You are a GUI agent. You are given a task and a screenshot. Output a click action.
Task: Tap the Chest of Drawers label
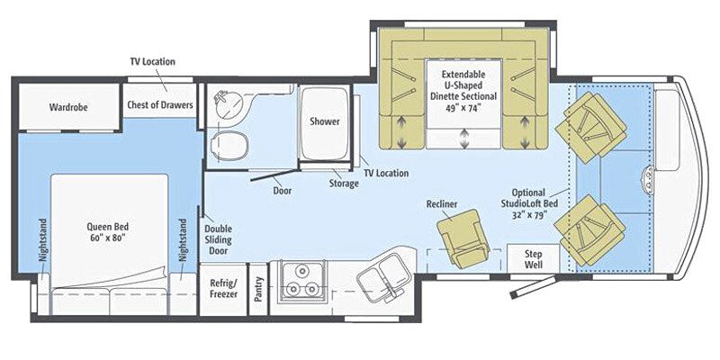(159, 105)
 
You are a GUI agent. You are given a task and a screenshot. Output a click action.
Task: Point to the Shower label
(324, 121)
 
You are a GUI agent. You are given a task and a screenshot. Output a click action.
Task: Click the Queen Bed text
(107, 232)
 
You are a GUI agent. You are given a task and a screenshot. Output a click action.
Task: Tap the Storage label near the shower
(344, 183)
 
